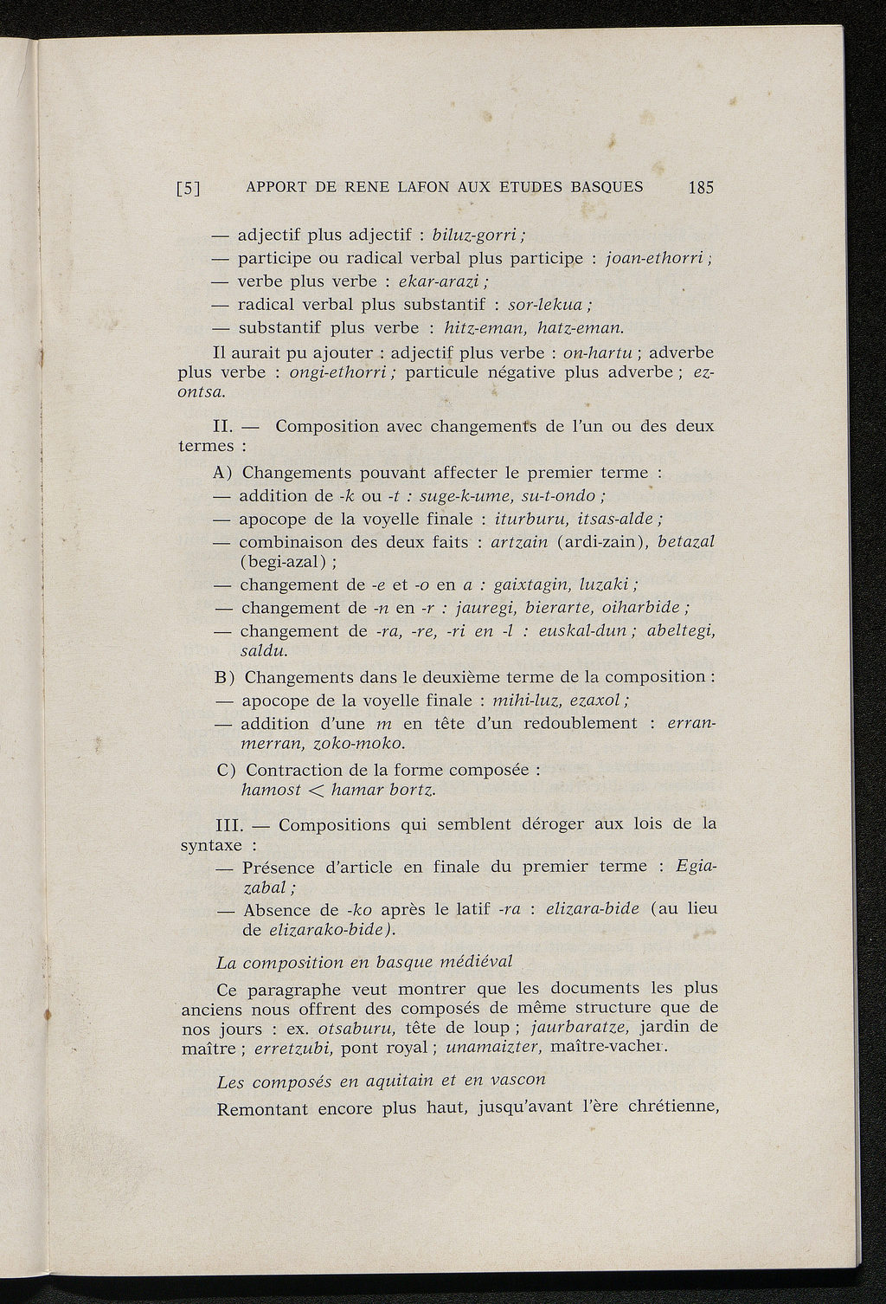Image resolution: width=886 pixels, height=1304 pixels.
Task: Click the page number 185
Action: (701, 187)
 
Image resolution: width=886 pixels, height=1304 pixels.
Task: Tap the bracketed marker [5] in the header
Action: (189, 188)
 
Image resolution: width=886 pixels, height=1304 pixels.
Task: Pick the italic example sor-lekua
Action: (548, 305)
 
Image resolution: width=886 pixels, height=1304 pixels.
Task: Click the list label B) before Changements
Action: (225, 677)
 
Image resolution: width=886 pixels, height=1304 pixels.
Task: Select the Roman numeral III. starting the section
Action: (228, 824)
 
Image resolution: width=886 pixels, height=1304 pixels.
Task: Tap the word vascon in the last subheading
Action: (513, 1081)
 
